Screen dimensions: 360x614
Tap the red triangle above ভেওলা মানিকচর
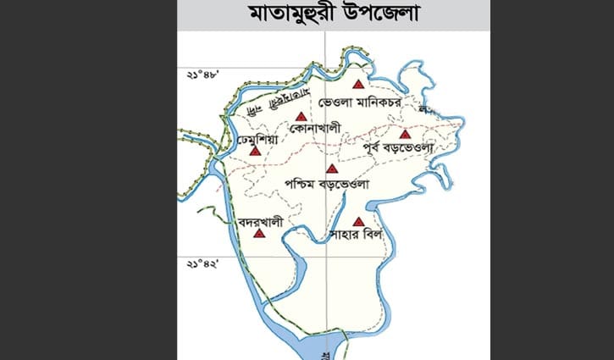coord(358,84)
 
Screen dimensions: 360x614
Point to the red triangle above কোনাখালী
coord(301,116)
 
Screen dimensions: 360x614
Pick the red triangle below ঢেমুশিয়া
coord(256,150)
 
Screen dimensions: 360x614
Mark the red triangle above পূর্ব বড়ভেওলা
coord(405,134)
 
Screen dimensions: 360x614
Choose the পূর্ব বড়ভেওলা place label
coord(397,148)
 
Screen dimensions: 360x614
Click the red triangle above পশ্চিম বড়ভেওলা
coord(331,168)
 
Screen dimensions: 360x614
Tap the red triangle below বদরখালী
coord(258,232)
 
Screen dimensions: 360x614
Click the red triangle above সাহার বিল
coord(358,222)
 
